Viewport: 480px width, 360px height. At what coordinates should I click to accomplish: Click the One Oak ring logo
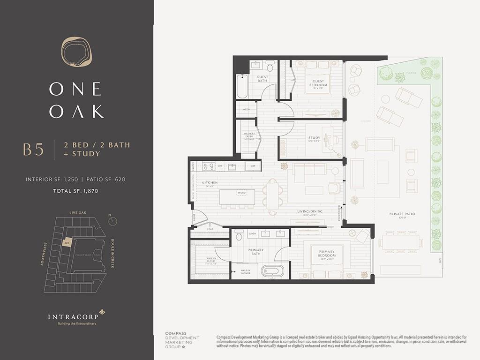click(76, 51)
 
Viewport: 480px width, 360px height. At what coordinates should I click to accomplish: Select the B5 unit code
click(33, 150)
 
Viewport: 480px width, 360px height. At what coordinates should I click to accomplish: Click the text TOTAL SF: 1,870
click(75, 191)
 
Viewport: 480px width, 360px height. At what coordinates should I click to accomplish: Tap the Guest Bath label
click(262, 78)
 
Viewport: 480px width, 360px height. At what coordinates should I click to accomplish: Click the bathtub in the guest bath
click(242, 86)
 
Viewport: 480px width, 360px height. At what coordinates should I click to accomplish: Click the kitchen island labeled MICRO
click(237, 196)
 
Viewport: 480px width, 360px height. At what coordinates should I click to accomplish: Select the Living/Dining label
click(310, 211)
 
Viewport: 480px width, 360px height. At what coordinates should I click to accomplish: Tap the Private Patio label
click(402, 214)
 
